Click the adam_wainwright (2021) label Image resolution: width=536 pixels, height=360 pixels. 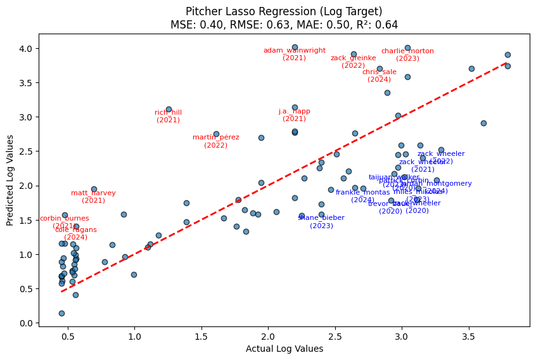tap(295, 54)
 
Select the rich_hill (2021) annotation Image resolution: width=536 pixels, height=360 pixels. tap(168, 116)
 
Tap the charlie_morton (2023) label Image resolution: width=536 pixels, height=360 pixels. tap(407, 55)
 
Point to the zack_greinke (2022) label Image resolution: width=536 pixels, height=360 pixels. tap(353, 61)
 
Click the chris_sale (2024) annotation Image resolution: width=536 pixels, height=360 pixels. tap(379, 75)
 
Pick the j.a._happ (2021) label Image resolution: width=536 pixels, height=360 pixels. tap(295, 115)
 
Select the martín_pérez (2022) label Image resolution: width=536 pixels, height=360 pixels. tap(216, 141)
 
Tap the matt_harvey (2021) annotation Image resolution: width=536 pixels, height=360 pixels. tap(93, 196)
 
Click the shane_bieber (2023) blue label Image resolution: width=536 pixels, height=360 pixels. tap(321, 221)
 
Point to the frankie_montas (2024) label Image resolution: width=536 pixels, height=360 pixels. tap(362, 196)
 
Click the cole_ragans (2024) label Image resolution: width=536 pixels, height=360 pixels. tap(76, 233)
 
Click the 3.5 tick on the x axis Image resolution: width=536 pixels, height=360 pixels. tap(468, 337)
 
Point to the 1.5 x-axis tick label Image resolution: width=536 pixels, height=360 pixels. tap(201, 337)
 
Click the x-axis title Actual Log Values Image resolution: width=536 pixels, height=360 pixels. tap(284, 349)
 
